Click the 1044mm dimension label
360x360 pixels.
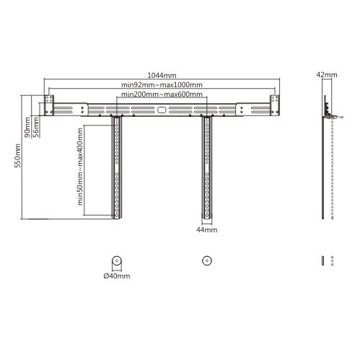[x=162, y=75]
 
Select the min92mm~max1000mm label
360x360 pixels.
[x=162, y=84]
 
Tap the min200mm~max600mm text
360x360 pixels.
[x=162, y=94]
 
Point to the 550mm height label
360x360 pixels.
[x=18, y=156]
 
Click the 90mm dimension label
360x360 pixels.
[x=27, y=127]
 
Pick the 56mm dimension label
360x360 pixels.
[x=36, y=127]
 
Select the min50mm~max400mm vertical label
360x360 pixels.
[x=80, y=167]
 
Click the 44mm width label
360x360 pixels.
[x=207, y=229]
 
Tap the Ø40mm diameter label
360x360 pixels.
[x=117, y=276]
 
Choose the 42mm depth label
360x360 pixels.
[x=327, y=74]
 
